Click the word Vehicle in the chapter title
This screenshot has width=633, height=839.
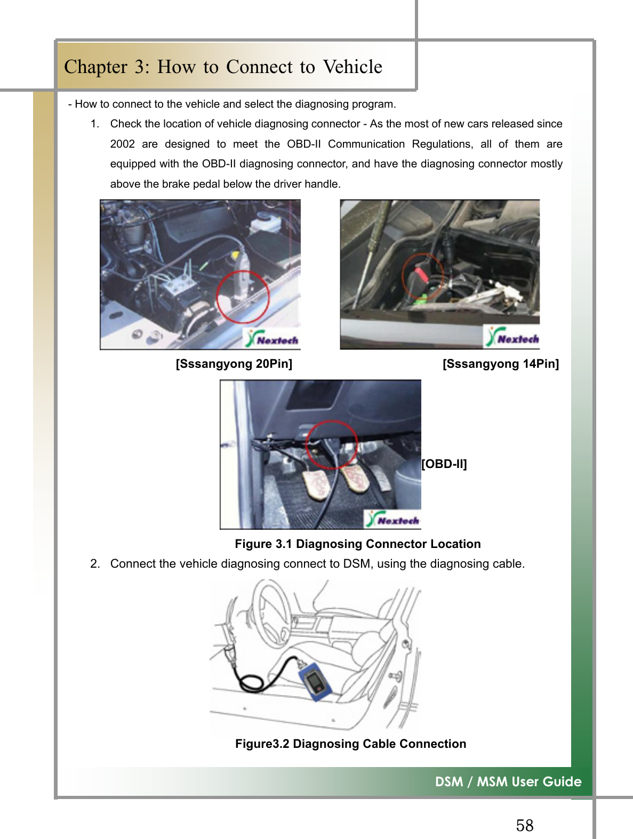click(352, 67)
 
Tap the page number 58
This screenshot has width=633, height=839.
click(524, 825)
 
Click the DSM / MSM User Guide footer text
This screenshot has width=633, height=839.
click(508, 781)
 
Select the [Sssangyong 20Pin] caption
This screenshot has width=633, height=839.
click(234, 364)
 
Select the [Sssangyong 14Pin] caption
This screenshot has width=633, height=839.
click(501, 364)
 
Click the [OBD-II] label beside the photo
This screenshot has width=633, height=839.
click(444, 464)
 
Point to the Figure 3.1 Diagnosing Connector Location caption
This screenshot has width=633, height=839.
click(357, 544)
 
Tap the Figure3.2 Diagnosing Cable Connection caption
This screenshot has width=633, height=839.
click(350, 744)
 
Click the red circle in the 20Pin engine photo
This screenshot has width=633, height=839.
click(243, 296)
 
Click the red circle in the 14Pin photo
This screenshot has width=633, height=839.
click(422, 276)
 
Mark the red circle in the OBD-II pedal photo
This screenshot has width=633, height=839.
click(332, 444)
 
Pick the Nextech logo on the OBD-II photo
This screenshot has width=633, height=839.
click(392, 519)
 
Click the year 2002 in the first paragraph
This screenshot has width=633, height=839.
click(122, 144)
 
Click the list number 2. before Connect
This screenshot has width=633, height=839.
click(95, 564)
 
